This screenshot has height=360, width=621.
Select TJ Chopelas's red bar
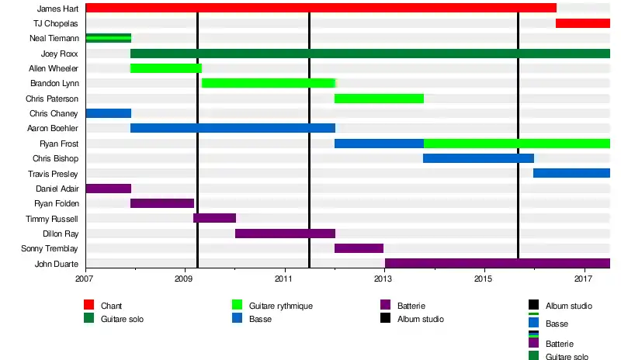[x=582, y=23]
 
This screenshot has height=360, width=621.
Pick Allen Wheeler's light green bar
[x=165, y=68]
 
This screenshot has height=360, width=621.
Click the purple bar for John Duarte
[x=497, y=264]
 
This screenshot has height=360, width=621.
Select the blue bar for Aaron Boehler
[x=233, y=128]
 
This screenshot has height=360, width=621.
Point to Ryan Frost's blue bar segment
[x=379, y=144]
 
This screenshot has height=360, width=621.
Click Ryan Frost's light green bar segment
[x=516, y=144]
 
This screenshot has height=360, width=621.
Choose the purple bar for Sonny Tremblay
[x=359, y=248]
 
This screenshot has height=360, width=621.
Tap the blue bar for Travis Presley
[x=571, y=173]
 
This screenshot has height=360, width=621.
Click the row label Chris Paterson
[x=52, y=99]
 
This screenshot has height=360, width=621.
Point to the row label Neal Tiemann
[x=54, y=38]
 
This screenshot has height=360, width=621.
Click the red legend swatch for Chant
[x=89, y=306]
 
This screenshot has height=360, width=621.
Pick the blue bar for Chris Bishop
[x=478, y=158]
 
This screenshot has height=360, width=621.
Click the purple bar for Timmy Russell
[x=214, y=218]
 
